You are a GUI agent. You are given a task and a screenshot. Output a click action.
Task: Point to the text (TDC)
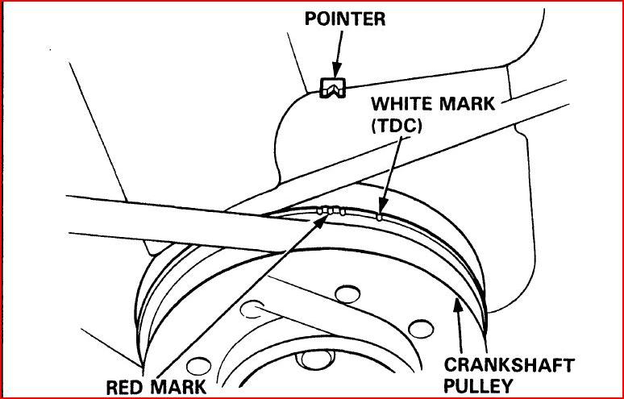397,126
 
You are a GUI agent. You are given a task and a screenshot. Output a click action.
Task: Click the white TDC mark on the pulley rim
380,215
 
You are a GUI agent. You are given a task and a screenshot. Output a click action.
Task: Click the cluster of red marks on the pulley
331,211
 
